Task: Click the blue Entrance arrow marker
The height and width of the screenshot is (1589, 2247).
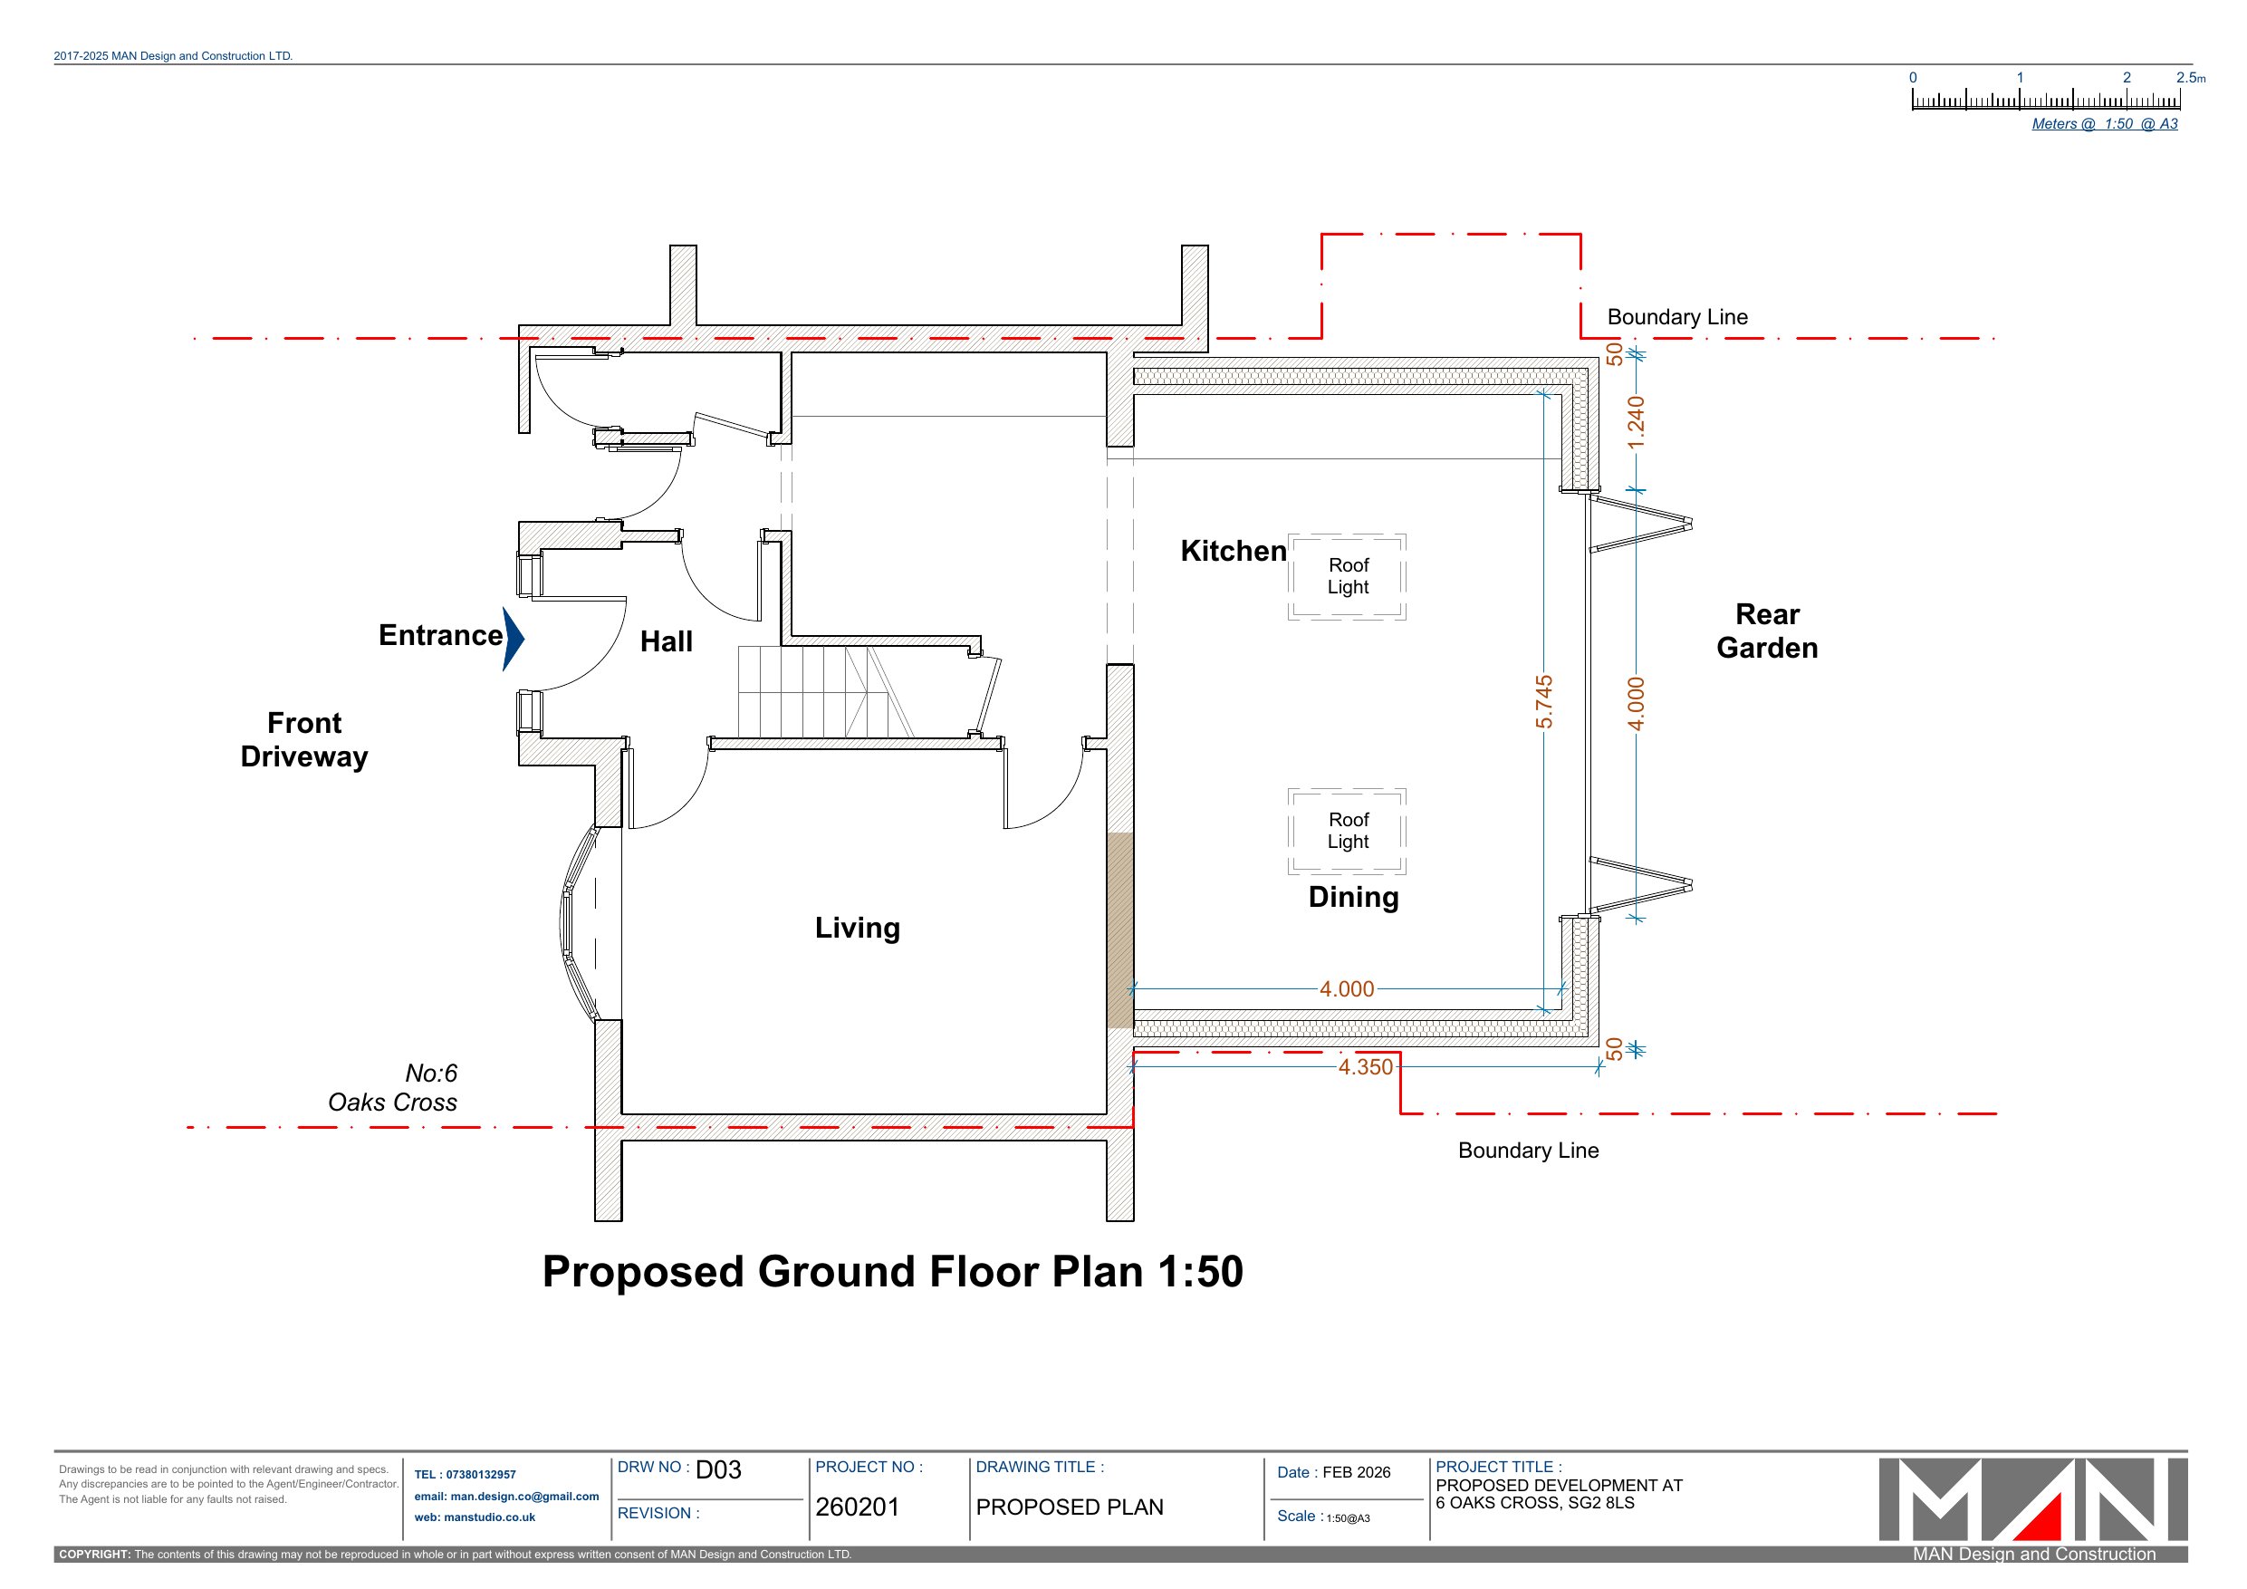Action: [x=514, y=640]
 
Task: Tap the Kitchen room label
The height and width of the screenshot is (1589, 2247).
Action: [x=1234, y=551]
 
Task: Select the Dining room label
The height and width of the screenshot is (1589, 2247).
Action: [x=1353, y=898]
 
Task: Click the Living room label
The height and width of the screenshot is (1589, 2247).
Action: [x=858, y=929]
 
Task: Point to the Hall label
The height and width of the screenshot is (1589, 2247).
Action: [x=667, y=641]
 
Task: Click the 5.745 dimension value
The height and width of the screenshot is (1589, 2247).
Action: [x=1543, y=702]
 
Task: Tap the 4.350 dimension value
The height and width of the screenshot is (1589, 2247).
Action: [x=1365, y=1067]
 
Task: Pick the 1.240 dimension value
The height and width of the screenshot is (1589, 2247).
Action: [x=1637, y=422]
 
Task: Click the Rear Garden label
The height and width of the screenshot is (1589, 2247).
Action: [x=1768, y=631]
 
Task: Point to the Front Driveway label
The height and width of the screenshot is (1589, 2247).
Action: [x=304, y=740]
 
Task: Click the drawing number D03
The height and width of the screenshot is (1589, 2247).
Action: [x=718, y=1469]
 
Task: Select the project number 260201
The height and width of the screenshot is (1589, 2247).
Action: [x=858, y=1507]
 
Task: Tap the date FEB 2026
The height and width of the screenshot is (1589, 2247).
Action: [x=1357, y=1472]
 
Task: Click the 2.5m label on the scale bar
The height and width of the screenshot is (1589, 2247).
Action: [x=2191, y=77]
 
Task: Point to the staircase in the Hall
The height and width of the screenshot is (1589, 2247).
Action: [x=825, y=691]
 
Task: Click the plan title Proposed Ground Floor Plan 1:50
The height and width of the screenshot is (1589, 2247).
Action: [x=892, y=1272]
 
